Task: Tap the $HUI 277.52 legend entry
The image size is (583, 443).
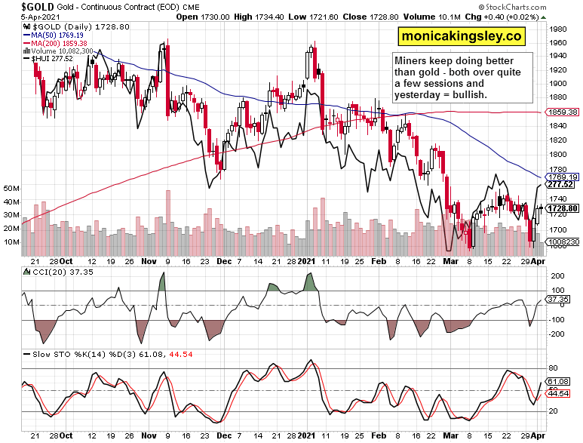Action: point(53,59)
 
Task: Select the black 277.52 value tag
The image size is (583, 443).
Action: point(563,184)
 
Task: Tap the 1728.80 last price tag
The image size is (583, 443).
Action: point(563,208)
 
